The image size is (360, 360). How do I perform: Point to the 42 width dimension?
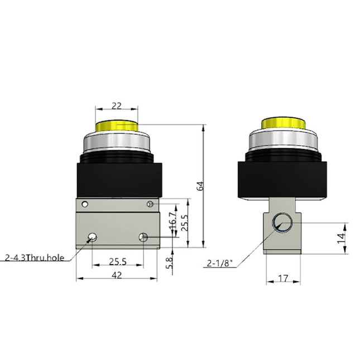click(117, 274)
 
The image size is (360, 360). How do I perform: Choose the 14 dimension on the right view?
click(348, 238)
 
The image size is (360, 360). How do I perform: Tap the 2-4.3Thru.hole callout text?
click(35, 257)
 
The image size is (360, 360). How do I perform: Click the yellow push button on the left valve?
click(117, 124)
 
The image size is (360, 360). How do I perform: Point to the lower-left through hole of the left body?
click(90, 238)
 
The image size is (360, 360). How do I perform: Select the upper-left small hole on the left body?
click(85, 204)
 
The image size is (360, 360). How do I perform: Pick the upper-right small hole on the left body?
click(150, 204)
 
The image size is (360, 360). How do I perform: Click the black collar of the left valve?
click(117, 180)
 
